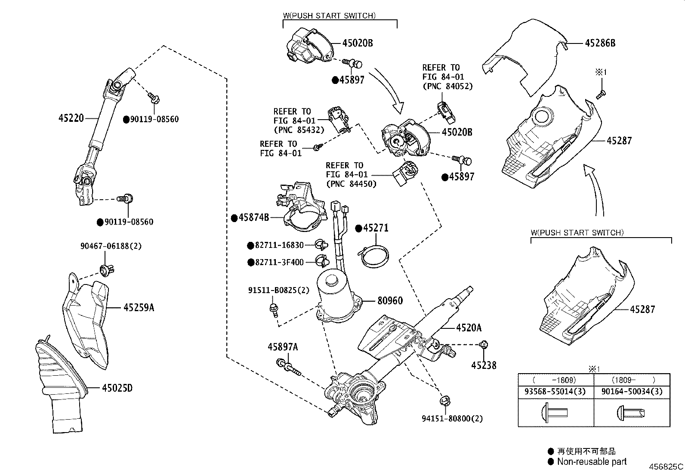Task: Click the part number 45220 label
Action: (71, 117)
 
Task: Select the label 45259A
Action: (139, 308)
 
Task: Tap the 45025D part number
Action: (117, 388)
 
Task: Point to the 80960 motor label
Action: (390, 300)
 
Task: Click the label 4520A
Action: (469, 328)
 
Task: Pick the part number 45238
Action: (484, 366)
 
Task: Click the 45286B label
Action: (600, 43)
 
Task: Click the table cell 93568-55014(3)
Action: (555, 392)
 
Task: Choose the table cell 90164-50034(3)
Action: (632, 392)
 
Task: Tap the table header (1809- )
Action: (632, 380)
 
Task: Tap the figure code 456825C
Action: (666, 467)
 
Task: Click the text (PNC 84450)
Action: (351, 184)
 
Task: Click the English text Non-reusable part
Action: (592, 462)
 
